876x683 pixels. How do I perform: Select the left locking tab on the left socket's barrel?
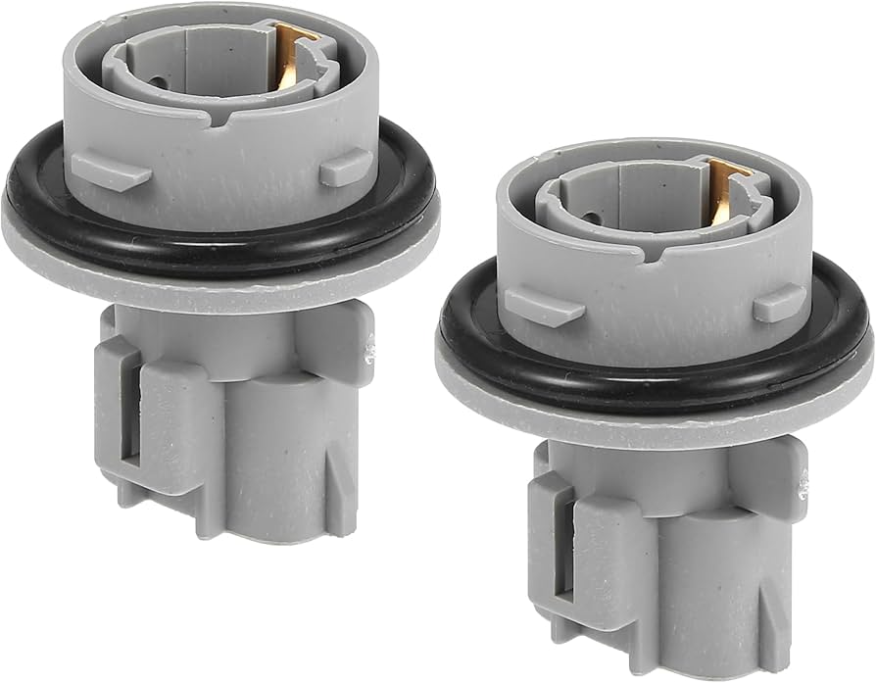click(x=110, y=170)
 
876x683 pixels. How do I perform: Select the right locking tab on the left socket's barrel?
click(x=345, y=167)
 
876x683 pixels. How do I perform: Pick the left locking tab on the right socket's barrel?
click(x=542, y=306)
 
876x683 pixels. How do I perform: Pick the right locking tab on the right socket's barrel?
click(x=779, y=302)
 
